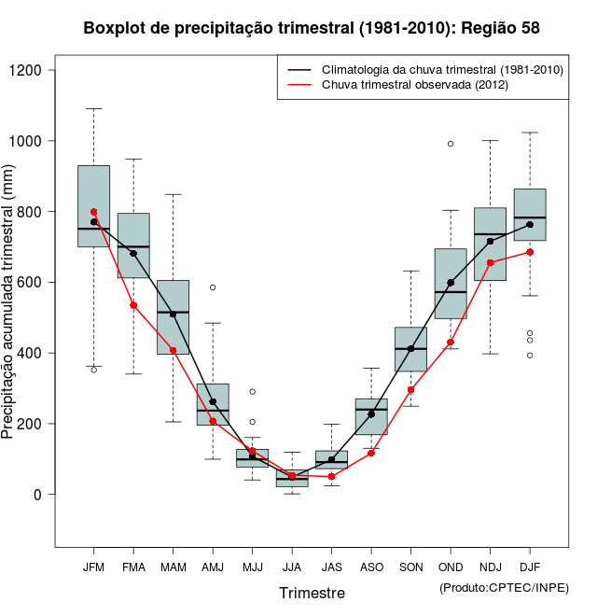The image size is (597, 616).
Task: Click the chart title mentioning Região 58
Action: [312, 28]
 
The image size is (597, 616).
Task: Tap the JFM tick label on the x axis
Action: [93, 567]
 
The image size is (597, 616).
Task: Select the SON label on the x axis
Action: [410, 567]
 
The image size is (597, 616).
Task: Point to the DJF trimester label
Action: [530, 567]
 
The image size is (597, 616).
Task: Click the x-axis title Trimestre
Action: [312, 593]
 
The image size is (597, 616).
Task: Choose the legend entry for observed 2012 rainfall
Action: [410, 85]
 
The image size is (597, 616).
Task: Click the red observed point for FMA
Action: [133, 305]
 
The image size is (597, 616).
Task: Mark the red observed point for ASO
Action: [371, 453]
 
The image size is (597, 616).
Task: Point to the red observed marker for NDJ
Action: [491, 262]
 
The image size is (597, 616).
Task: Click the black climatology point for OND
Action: [451, 282]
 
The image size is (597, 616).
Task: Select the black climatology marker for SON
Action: [410, 349]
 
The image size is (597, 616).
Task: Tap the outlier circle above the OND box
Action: [451, 144]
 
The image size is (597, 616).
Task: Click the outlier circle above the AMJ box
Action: [213, 287]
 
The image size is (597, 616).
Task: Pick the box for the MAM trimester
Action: [173, 317]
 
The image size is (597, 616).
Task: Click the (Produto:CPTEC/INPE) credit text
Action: [504, 587]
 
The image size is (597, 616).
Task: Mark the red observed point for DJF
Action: [530, 252]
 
